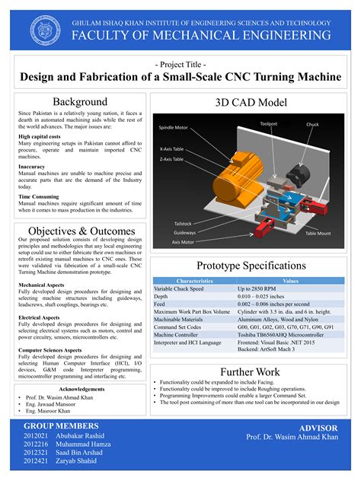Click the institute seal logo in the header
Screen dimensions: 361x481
[x=45, y=28]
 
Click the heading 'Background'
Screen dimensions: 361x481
[x=79, y=101]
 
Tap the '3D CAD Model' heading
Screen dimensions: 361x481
[x=251, y=101]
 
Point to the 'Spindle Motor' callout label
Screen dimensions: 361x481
[x=174, y=127]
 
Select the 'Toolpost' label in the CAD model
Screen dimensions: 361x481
[x=269, y=123]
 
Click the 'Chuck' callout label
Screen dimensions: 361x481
[x=312, y=124]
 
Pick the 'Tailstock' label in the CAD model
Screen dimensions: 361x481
[x=183, y=223]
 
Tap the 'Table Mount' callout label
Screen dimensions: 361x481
[x=318, y=233]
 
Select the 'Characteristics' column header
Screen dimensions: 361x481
[x=194, y=281]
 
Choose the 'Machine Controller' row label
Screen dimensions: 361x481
[x=181, y=334]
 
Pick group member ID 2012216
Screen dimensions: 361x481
[x=36, y=444]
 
